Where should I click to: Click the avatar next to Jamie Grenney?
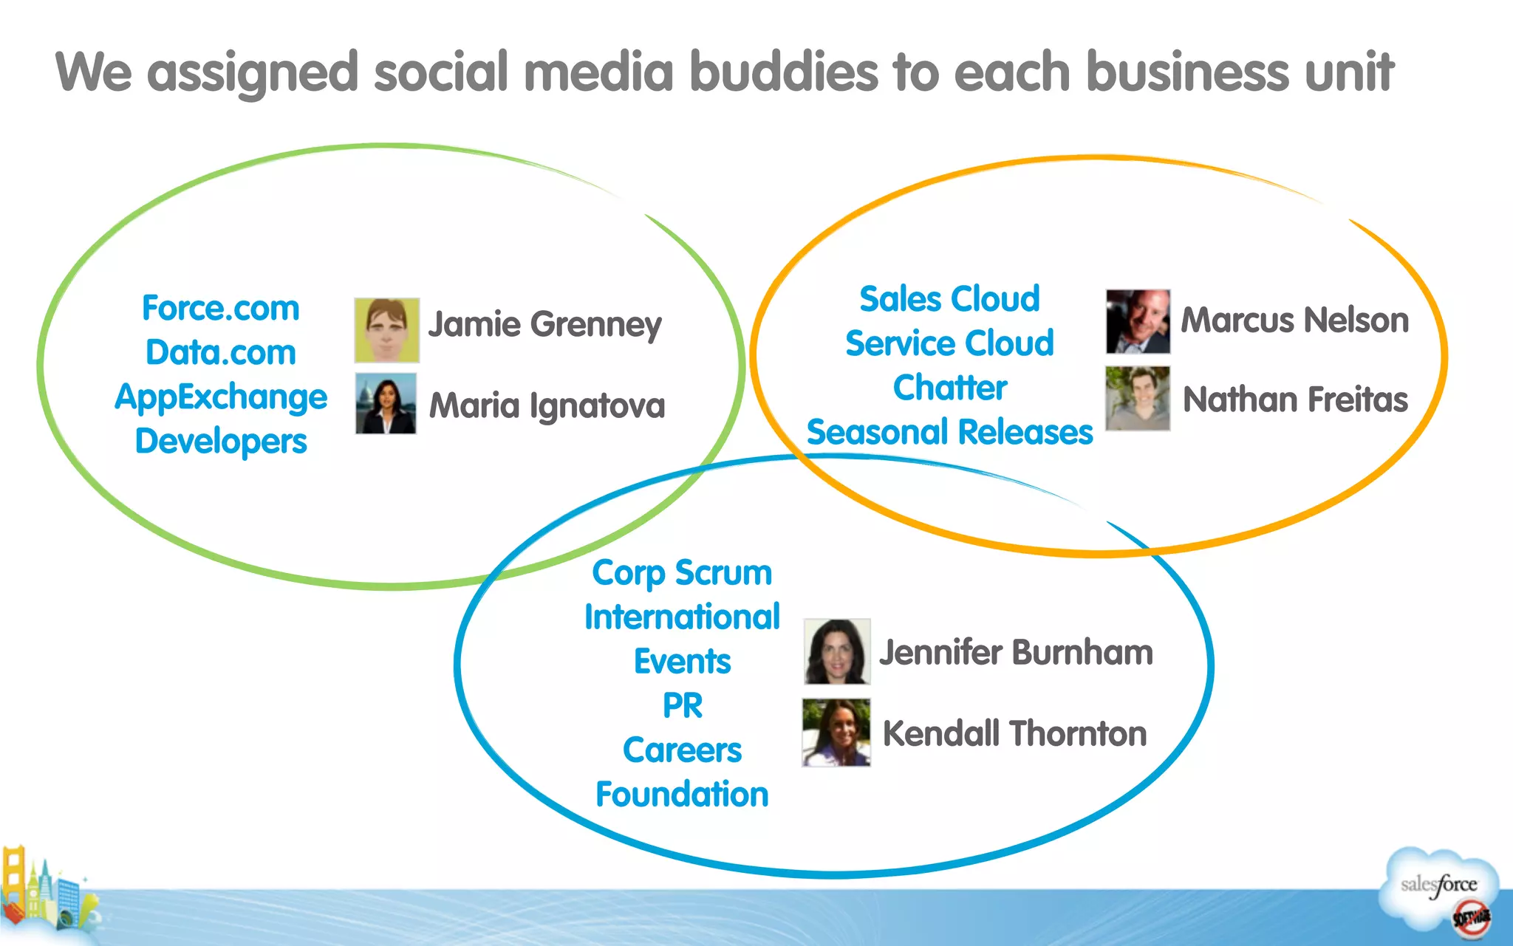pos(386,330)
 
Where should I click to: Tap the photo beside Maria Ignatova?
pos(386,403)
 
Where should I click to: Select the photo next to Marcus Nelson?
pos(1138,321)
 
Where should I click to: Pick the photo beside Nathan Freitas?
pos(1138,399)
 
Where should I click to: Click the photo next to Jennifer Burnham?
pos(837,651)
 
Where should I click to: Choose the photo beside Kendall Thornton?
pos(836,733)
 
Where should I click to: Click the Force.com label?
pos(221,308)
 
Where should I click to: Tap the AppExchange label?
pos(221,397)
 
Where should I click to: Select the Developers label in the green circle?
pos(221,442)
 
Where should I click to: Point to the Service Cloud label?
pos(949,343)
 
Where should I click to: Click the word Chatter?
pos(949,388)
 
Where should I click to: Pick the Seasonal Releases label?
pos(949,432)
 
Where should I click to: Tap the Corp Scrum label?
pos(682,573)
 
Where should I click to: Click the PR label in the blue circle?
pos(682,705)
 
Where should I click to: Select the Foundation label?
pos(682,795)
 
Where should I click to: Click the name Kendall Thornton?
pos(1014,733)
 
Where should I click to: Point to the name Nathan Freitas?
pos(1295,400)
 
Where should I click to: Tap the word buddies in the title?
pos(784,72)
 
